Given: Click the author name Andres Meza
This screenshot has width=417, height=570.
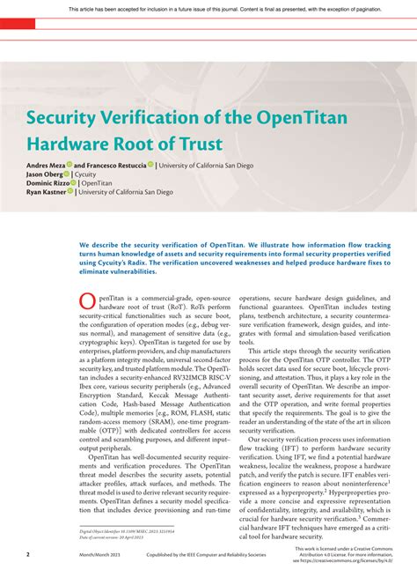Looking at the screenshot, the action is point(46,165).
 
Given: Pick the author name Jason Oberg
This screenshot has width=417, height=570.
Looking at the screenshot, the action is point(44,174).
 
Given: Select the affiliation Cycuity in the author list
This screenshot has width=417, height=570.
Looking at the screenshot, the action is point(85,174).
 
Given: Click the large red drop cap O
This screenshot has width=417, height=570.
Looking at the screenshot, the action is point(88,303).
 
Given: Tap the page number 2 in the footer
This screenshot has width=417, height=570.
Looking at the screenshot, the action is point(27,555).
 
